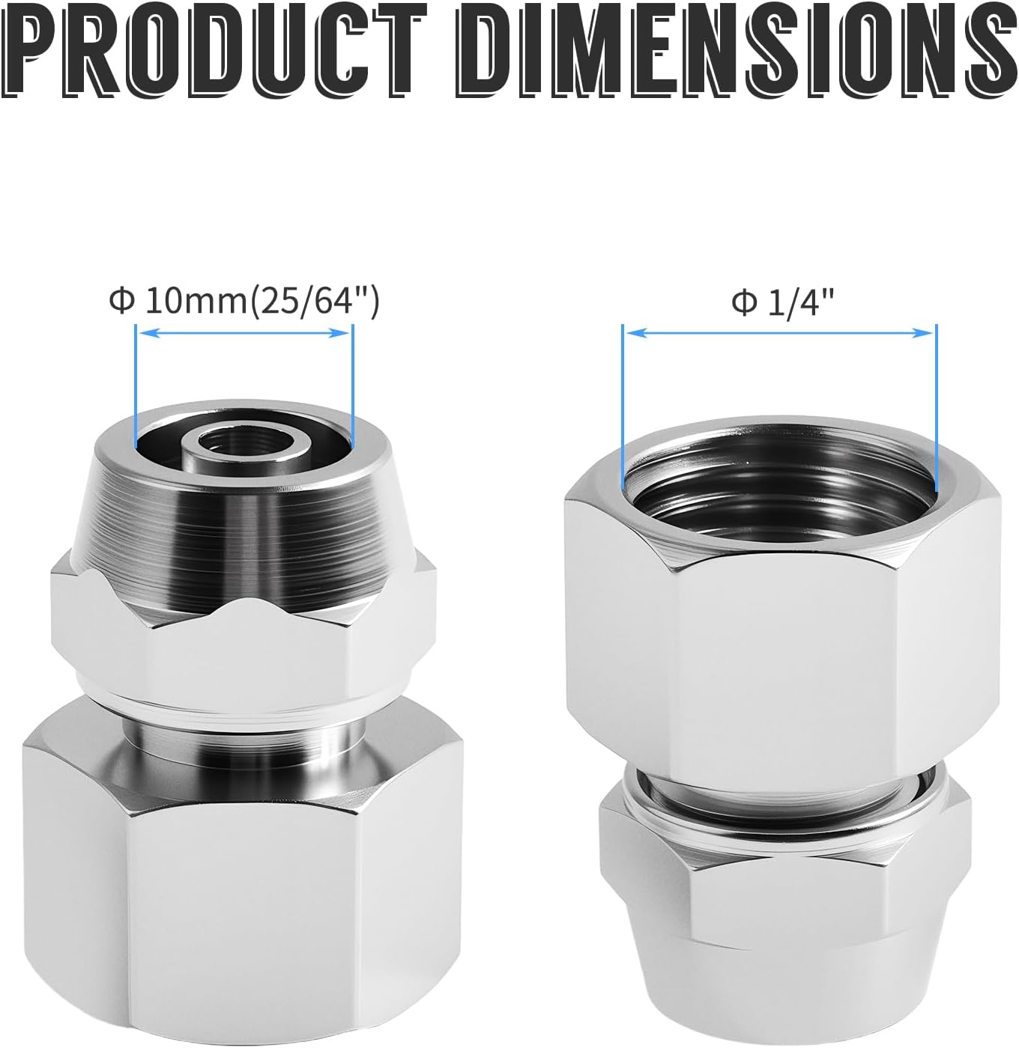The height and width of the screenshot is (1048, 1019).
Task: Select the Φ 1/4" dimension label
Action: pos(782,302)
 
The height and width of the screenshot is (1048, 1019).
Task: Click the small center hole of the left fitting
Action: pos(245,442)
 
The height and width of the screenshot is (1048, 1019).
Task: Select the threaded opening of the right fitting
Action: pos(780,493)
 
